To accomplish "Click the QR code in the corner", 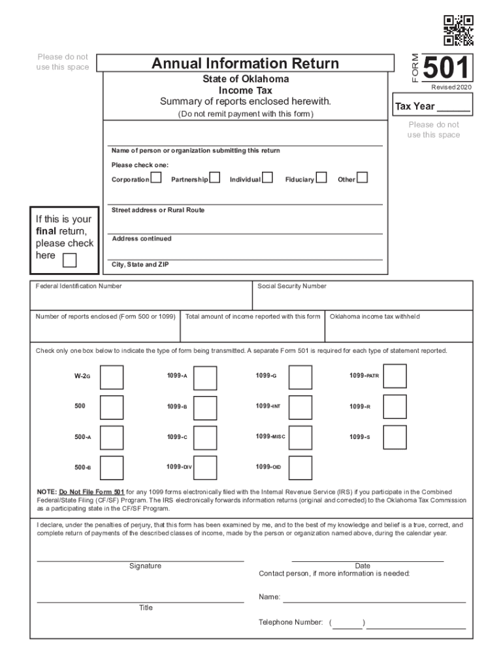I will click(x=459, y=30).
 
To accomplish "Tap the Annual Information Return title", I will click(x=245, y=63).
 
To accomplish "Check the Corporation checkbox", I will click(x=156, y=178).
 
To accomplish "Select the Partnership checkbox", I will click(x=214, y=178).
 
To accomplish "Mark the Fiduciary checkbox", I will click(x=321, y=178).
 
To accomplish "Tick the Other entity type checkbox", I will click(x=362, y=178).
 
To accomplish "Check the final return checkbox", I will click(x=69, y=260).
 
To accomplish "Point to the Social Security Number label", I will click(x=292, y=286).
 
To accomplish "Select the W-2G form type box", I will click(x=111, y=377).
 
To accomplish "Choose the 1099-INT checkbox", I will click(x=300, y=407).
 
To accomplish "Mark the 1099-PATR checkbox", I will click(x=395, y=376).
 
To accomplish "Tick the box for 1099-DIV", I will click(x=206, y=468).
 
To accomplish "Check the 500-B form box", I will click(x=111, y=468).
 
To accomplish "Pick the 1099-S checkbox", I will click(x=395, y=437).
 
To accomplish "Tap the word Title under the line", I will click(x=146, y=608).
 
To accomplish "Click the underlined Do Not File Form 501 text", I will click(x=91, y=491).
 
